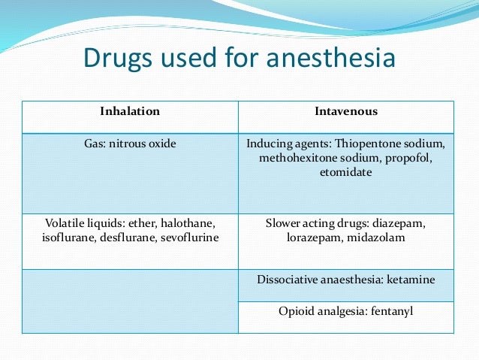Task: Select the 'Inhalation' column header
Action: [x=130, y=111]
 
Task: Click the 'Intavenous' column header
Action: [x=346, y=111]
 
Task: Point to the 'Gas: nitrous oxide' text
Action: [x=130, y=144]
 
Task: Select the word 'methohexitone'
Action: [x=294, y=158]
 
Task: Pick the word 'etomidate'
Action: [x=345, y=172]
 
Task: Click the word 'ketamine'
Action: [x=411, y=279]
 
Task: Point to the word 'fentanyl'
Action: [x=389, y=311]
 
